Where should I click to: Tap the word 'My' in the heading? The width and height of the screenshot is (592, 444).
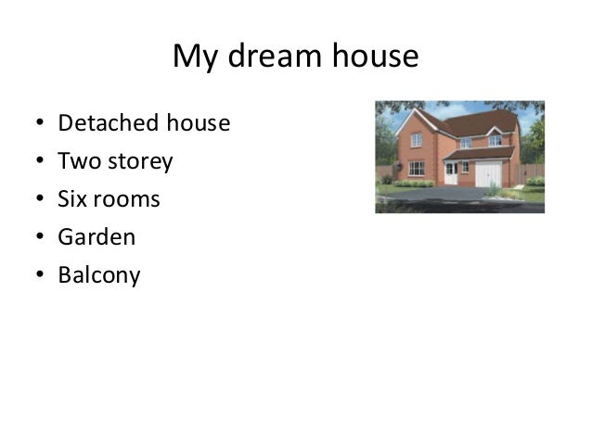[192, 57]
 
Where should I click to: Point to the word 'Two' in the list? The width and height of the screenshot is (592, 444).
[76, 161]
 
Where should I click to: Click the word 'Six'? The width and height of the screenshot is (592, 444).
[72, 199]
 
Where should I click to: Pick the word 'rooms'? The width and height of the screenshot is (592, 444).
[126, 200]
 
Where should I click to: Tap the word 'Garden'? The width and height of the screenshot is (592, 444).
[97, 237]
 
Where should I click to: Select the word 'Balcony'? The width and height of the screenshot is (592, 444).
[98, 276]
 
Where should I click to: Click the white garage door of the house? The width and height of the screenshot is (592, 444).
[489, 174]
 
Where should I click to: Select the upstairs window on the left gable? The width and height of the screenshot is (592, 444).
[417, 140]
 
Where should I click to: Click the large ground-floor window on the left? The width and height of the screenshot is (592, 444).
[417, 169]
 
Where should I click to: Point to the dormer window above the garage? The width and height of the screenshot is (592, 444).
[495, 141]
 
